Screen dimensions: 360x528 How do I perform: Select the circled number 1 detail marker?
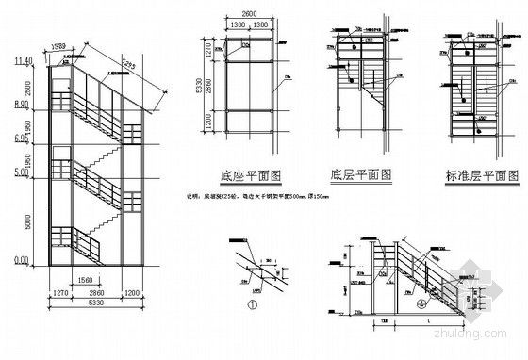253,303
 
